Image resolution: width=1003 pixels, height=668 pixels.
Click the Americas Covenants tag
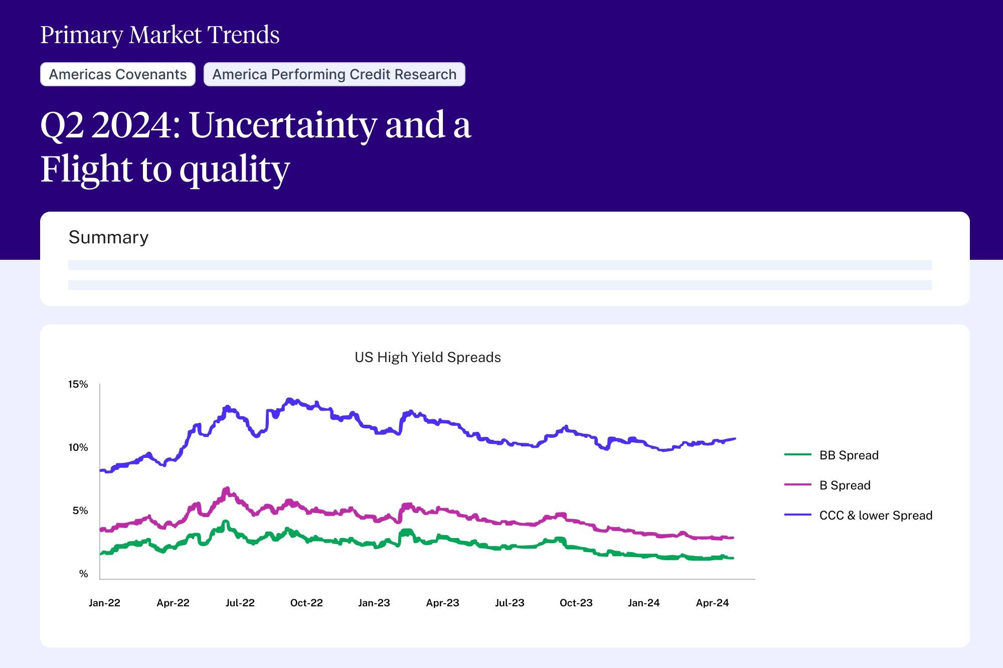click(117, 74)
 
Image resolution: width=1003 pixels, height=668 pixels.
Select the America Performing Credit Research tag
click(334, 74)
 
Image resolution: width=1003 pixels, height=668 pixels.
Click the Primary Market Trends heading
click(159, 35)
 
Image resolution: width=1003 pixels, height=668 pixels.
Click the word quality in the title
click(234, 170)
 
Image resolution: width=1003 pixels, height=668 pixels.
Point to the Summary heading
click(108, 237)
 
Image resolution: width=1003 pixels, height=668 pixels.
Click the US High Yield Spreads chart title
click(427, 357)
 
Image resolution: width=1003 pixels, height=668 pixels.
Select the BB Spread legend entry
click(849, 455)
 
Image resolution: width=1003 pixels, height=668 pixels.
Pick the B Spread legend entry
click(845, 485)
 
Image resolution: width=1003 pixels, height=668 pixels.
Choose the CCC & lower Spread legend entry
click(875, 515)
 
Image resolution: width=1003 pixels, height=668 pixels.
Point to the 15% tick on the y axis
click(78, 384)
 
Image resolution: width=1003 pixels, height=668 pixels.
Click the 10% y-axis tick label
click(78, 447)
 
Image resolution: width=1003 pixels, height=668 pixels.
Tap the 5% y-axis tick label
click(80, 511)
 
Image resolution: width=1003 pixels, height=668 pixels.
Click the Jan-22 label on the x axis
click(104, 603)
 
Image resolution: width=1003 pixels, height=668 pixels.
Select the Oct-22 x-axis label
click(306, 603)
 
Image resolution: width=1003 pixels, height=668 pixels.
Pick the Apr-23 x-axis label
click(442, 603)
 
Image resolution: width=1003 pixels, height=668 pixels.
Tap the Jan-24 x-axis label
click(643, 603)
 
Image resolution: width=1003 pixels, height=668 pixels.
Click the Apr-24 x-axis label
click(712, 603)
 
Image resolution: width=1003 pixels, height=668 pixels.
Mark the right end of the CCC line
click(735, 439)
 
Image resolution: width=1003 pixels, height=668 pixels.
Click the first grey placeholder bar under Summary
click(499, 265)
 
